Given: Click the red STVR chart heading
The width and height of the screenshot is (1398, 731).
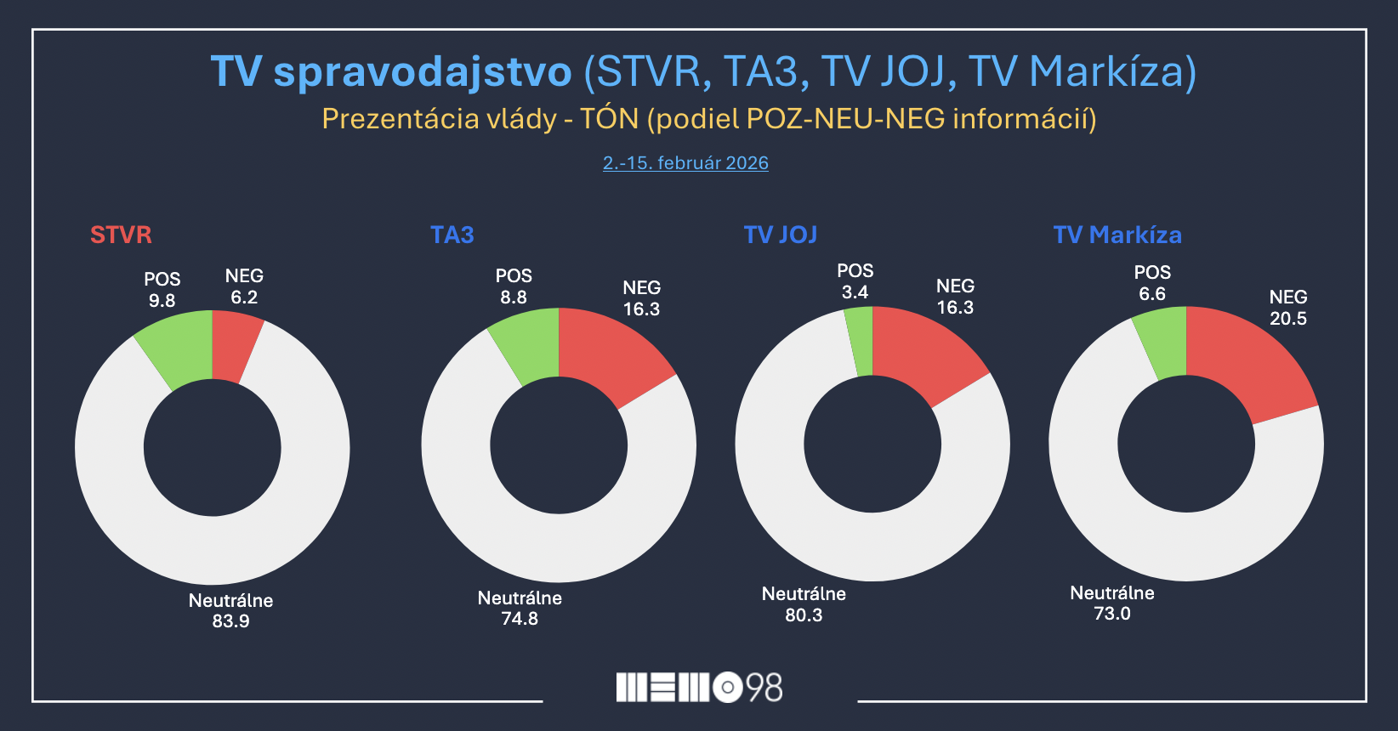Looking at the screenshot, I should click(121, 235).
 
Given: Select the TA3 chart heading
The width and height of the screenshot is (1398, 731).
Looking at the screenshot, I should click(452, 235).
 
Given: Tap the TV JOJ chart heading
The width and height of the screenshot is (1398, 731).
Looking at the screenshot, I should click(780, 235).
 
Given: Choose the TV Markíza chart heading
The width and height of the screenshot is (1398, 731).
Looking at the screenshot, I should click(1117, 235).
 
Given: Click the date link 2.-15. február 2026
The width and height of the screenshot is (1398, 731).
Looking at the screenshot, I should click(685, 163).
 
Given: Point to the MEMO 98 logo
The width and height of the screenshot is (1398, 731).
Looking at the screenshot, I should click(699, 687).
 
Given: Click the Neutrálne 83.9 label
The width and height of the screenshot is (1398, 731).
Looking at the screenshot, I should click(230, 610).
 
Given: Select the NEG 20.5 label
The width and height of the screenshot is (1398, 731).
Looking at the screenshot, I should click(1287, 308).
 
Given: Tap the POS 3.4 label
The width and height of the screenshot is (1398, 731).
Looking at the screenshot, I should click(855, 281).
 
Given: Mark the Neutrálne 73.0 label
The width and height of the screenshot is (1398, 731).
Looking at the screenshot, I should click(1111, 603).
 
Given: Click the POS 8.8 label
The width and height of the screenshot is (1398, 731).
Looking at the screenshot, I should click(514, 286).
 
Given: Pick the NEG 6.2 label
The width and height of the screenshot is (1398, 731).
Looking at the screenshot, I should click(244, 286).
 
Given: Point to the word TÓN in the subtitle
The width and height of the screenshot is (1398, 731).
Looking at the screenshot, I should click(609, 119).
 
